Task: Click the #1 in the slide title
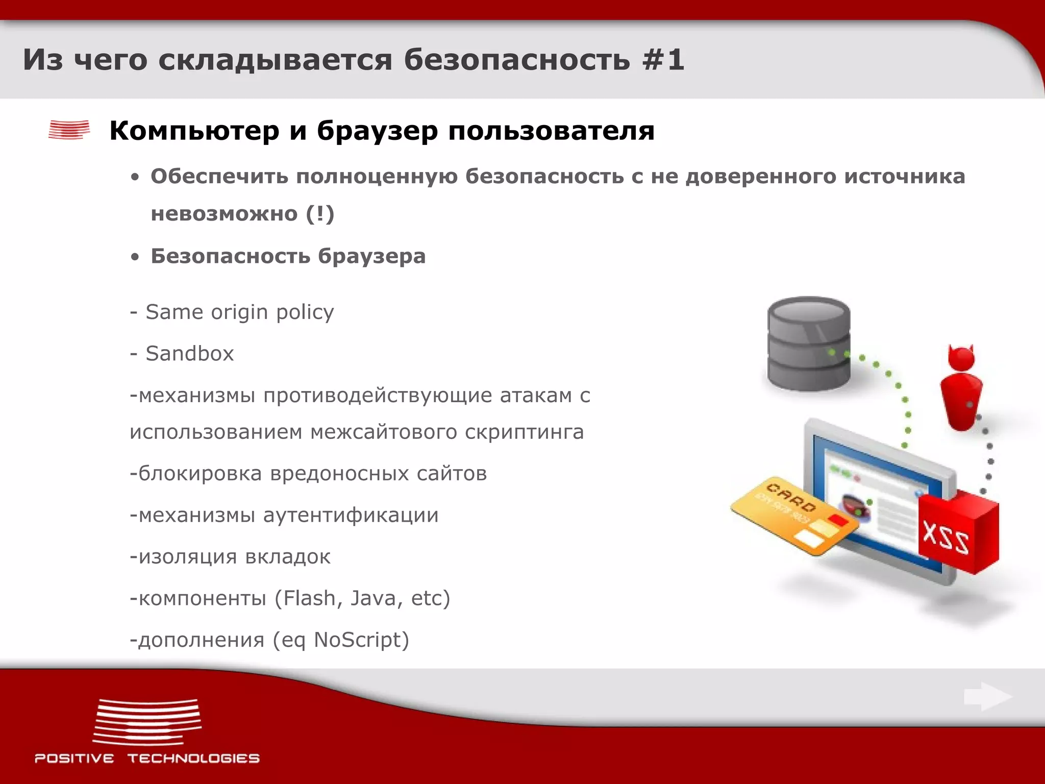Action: coord(663,60)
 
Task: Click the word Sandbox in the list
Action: coord(190,354)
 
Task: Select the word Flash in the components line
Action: coord(309,598)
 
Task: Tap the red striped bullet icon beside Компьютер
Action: coord(69,130)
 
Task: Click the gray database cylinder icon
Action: coord(809,343)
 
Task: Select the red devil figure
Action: coord(961,388)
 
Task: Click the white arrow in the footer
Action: coord(987,697)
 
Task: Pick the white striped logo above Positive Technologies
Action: coord(147,722)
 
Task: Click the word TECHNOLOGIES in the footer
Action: coord(193,758)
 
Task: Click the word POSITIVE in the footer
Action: coord(74,758)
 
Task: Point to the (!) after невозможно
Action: coord(320,213)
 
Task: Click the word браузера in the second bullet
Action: coord(371,256)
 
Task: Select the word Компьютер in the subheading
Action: coord(194,131)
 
